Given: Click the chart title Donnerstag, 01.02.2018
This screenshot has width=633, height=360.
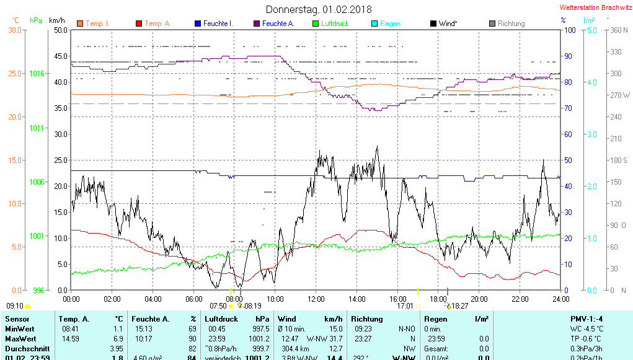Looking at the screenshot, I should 319,9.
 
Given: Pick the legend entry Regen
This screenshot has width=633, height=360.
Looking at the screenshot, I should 390,24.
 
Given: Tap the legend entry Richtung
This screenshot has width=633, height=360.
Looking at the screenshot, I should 511,24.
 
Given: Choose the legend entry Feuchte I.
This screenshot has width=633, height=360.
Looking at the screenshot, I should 218,24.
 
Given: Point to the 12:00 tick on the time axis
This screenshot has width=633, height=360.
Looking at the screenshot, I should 316,299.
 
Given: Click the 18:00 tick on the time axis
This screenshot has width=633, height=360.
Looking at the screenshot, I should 438,299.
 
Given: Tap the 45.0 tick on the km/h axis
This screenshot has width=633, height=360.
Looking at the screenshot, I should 61,56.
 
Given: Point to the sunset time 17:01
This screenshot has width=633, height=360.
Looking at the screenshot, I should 405,305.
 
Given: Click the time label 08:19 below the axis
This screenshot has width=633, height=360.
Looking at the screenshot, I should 252,305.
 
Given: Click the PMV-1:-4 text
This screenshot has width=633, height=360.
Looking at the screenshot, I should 586,318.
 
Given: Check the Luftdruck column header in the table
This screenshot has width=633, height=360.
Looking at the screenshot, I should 221,318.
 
